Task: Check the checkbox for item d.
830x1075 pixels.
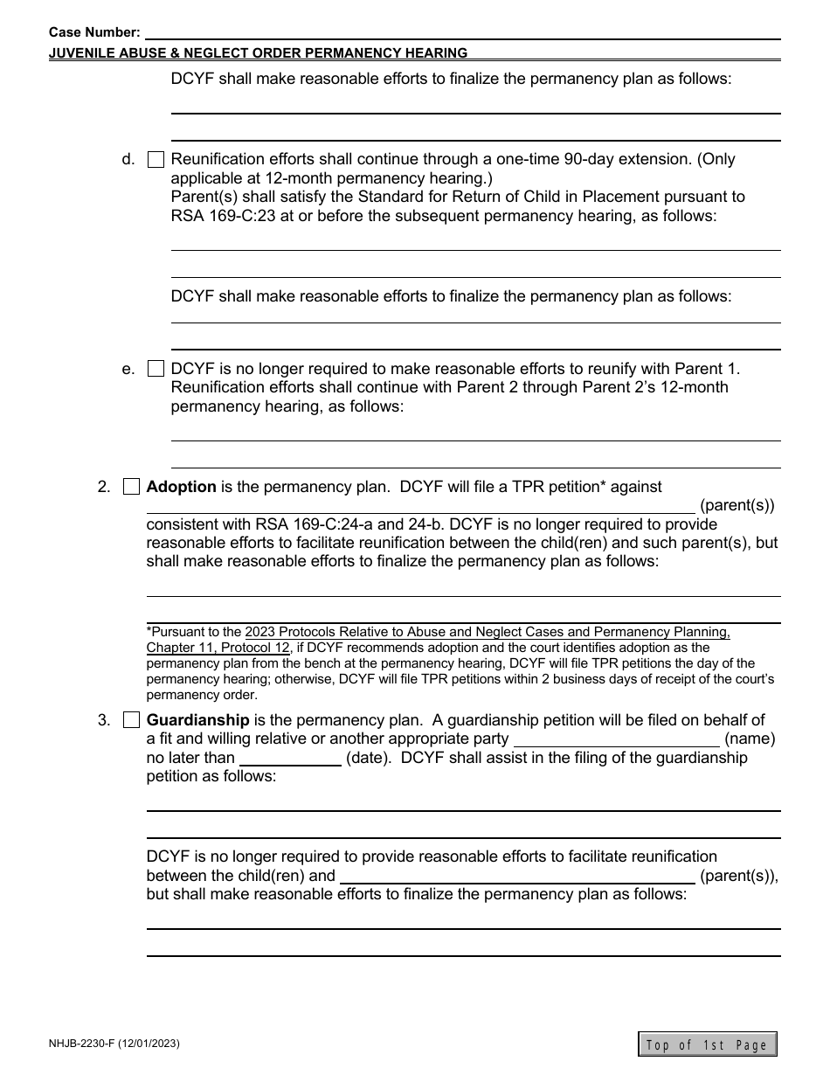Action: point(156,160)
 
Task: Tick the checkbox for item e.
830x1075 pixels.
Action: point(156,369)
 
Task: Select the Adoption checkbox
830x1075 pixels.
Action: point(131,488)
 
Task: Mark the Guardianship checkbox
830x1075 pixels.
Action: point(131,721)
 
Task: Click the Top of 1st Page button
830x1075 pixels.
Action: point(707,1044)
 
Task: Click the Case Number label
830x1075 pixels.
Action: point(94,31)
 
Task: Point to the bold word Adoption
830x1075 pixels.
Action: point(181,487)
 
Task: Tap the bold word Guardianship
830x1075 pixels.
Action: point(197,720)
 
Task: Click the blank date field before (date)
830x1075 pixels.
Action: point(290,759)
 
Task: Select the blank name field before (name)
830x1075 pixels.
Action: point(617,739)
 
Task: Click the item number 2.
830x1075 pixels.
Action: point(104,487)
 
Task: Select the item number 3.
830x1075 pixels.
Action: point(104,720)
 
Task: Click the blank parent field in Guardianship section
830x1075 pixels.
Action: point(516,876)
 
